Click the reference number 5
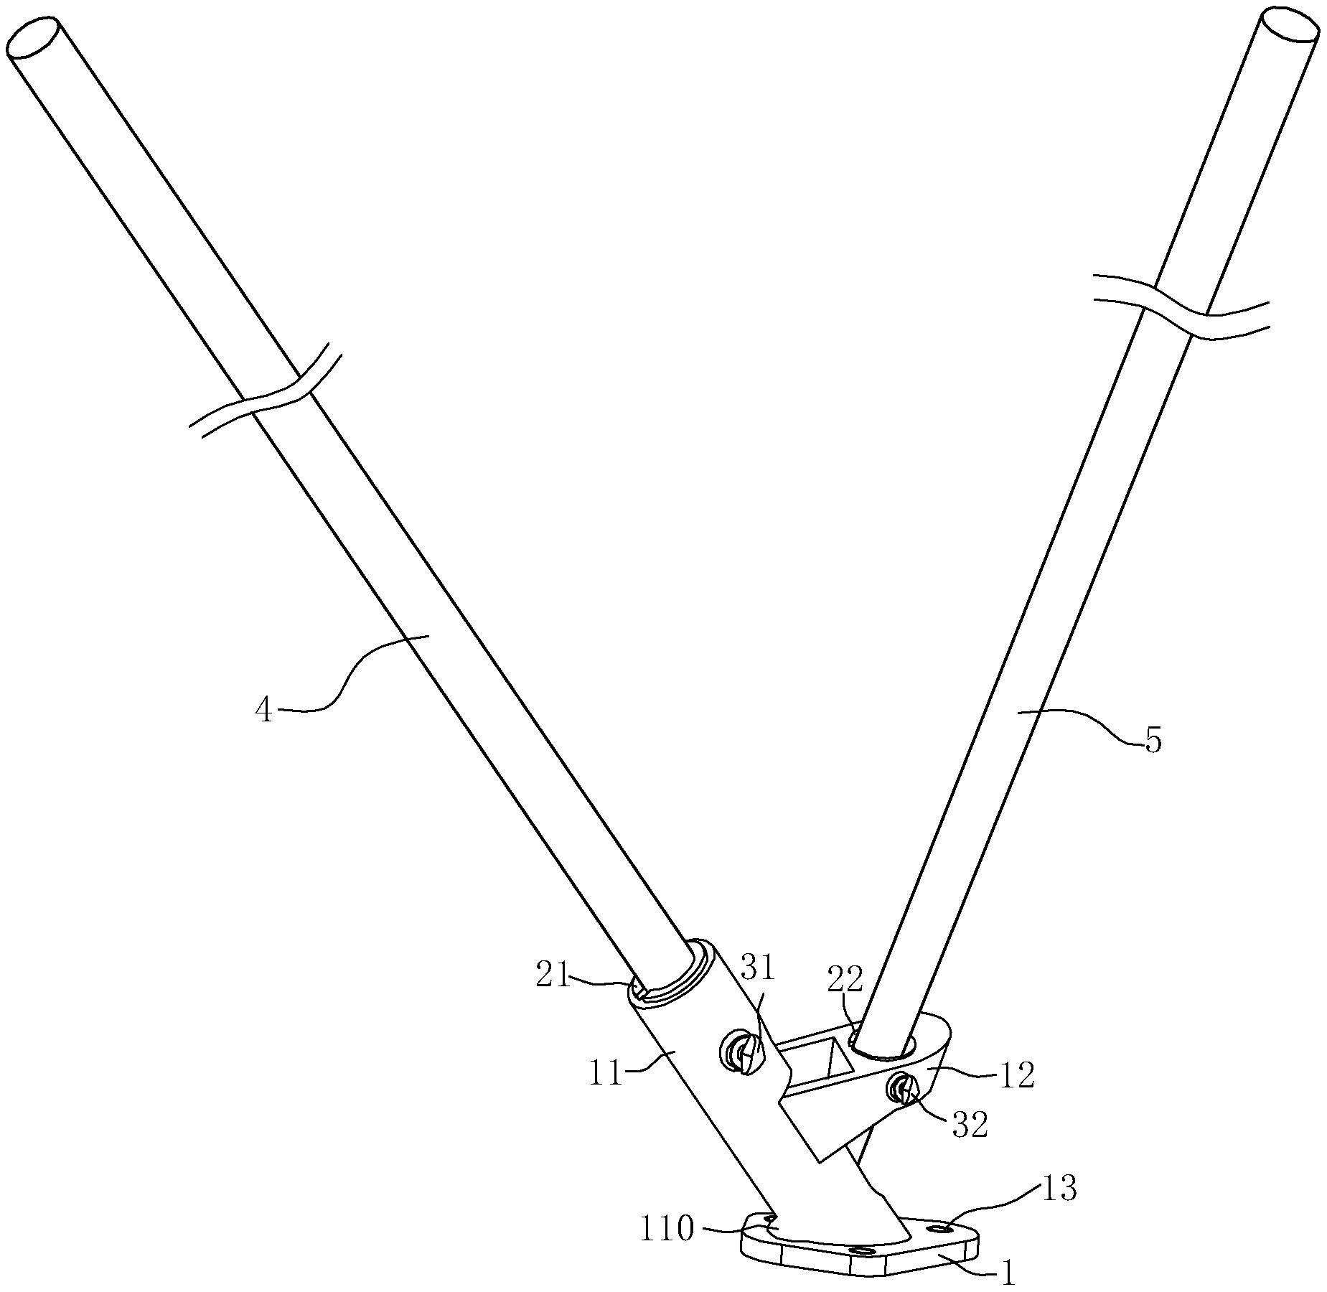[x=1152, y=741]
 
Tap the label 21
[x=553, y=978]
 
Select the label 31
[x=758, y=968]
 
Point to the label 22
[x=846, y=978]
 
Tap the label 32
[x=970, y=1125]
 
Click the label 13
[x=1059, y=1189]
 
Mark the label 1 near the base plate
[x=1008, y=1274]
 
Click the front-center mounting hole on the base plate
[x=861, y=1251]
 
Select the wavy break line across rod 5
[x=1181, y=307]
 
